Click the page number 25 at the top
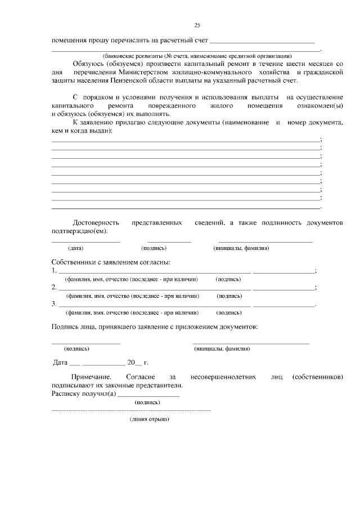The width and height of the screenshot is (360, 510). pos(197,25)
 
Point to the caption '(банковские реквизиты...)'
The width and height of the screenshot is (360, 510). pos(197,56)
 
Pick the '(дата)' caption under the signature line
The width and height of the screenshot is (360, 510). pos(76,248)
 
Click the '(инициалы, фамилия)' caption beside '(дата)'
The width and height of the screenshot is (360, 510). pos(241,248)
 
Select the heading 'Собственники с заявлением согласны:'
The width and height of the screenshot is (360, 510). pos(111,262)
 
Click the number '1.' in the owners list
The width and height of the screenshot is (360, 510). pos(54,271)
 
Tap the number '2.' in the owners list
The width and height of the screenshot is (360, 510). pos(54,287)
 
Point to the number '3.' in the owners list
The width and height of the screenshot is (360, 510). pos(54,304)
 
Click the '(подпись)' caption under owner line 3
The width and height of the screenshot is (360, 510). pos(228,312)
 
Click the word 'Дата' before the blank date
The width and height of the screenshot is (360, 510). pos(60,363)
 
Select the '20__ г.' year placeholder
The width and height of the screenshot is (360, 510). pos(137,363)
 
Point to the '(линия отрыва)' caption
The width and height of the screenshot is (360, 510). pos(149,419)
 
